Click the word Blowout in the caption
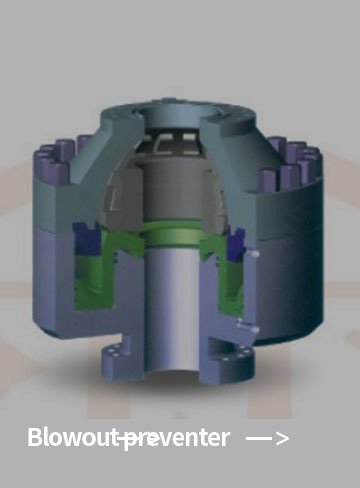pyautogui.click(x=73, y=437)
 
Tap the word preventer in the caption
pyautogui.click(x=176, y=439)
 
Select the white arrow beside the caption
pyautogui.click(x=267, y=438)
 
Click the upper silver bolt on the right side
pyautogui.click(x=252, y=254)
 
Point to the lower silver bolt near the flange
pyautogui.click(x=248, y=327)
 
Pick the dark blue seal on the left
pyautogui.click(x=87, y=238)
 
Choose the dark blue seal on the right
pyautogui.click(x=236, y=243)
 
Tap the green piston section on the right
pyautogui.click(x=223, y=277)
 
